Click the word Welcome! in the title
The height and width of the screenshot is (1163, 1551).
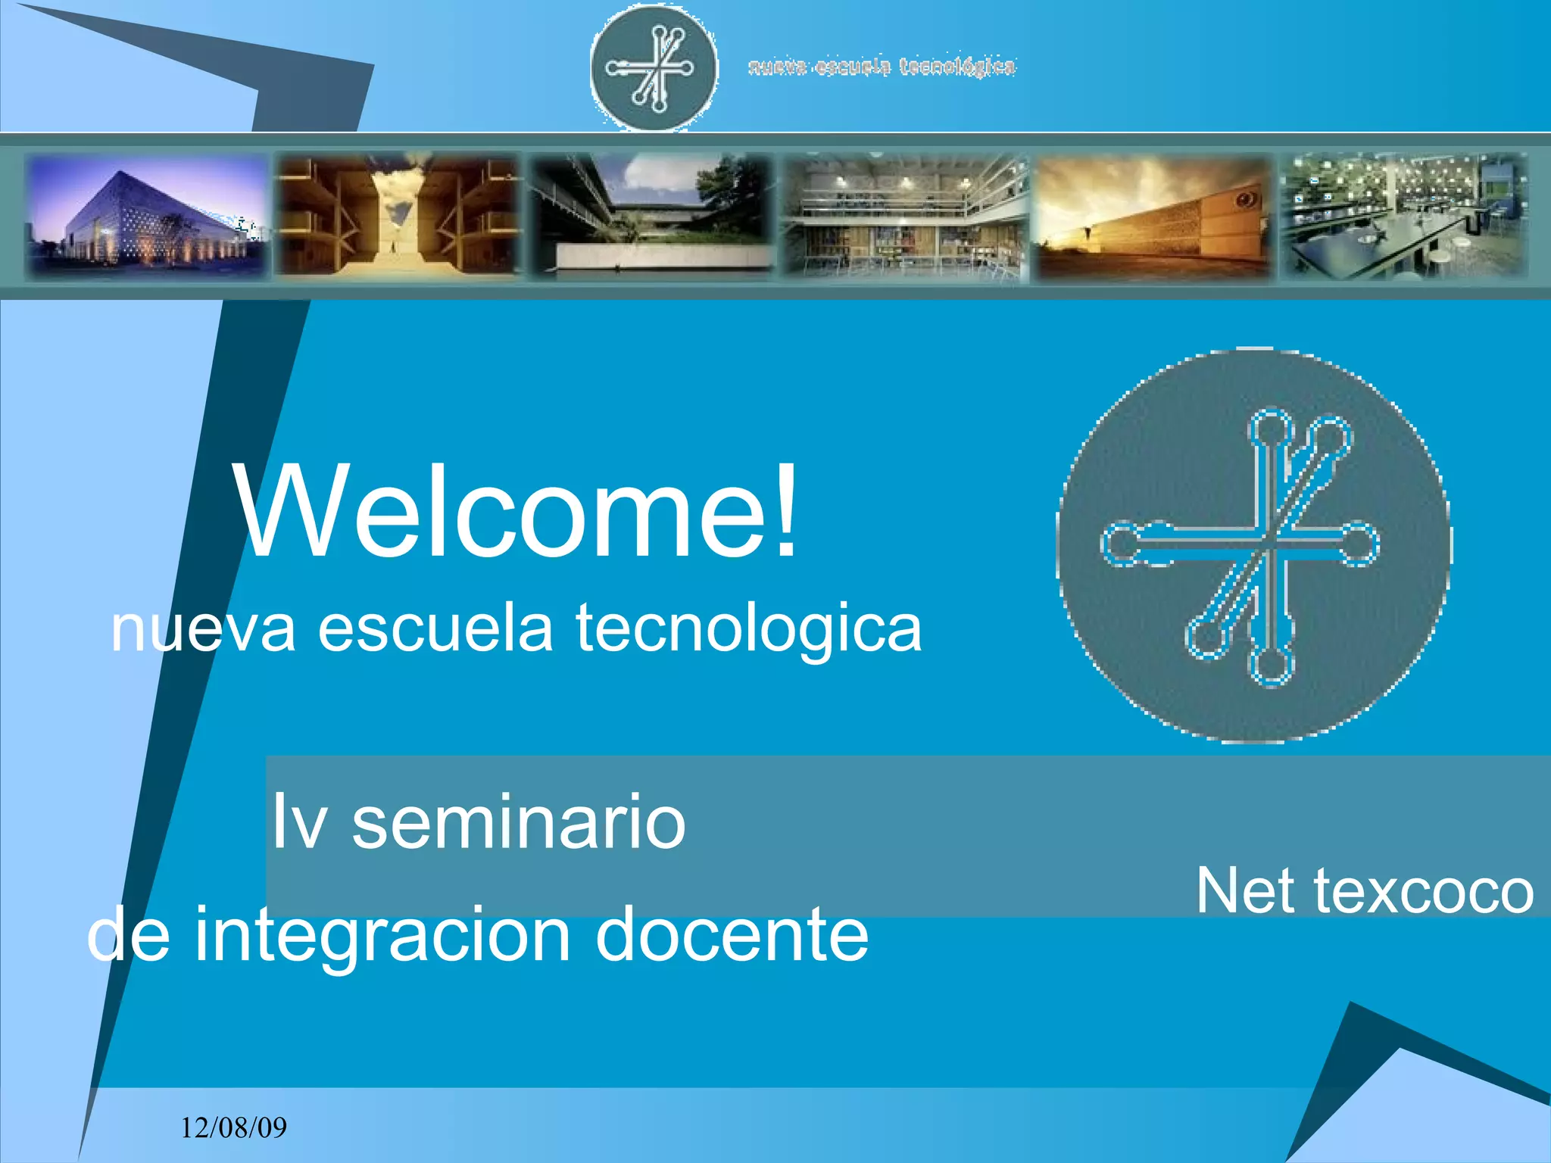518,512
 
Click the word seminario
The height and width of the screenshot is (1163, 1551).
519,822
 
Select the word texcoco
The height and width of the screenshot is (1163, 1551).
1424,892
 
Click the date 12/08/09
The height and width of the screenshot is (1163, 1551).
233,1128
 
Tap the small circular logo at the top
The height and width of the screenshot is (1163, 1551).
654,67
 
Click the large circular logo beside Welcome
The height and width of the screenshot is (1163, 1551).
1253,545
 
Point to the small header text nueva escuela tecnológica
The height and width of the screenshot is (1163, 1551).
882,67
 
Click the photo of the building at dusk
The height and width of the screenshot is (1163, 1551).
146,215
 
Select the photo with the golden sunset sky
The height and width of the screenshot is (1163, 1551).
1153,217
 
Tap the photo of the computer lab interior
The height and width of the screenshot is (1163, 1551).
1403,217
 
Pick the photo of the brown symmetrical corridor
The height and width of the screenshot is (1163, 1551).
397,215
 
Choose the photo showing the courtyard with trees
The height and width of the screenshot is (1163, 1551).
651,215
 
